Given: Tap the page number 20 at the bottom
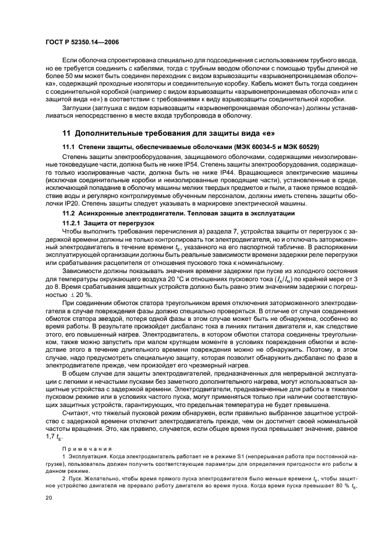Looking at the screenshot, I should click(x=50, y=498).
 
